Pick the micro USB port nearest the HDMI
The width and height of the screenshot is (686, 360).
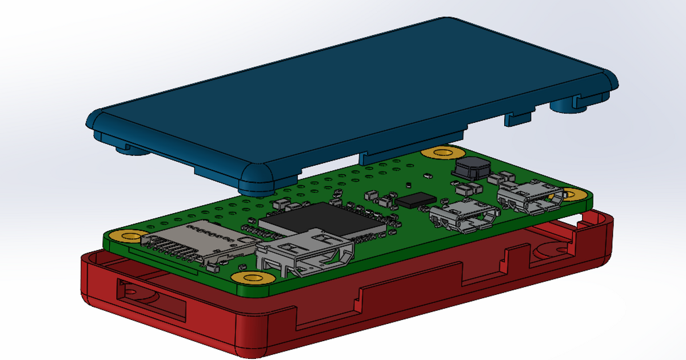(x=462, y=216)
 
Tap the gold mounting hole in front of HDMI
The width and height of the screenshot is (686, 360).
(x=252, y=277)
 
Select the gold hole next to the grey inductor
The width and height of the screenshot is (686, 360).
(x=441, y=153)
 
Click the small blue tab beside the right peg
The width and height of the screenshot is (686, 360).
(x=519, y=119)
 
